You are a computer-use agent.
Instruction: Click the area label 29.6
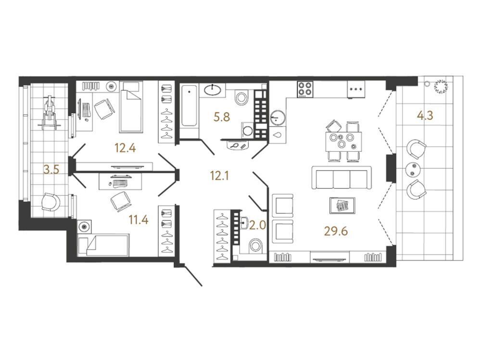pos(336,231)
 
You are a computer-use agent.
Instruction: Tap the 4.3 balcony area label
pos(425,116)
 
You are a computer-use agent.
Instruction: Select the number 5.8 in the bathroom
pos(222,117)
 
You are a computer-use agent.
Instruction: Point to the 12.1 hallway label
pos(219,176)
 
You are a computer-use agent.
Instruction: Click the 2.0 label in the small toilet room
pos(257,225)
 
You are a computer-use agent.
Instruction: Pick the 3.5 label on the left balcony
pos(51,169)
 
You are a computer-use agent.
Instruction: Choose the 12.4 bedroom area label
pos(125,149)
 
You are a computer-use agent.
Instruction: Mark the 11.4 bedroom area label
pos(139,220)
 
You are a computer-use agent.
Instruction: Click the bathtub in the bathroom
pos(189,106)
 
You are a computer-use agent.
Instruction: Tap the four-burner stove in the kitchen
pos(305,89)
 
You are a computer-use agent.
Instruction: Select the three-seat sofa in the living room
pos(342,178)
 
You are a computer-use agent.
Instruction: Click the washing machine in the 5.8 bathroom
pos(248,130)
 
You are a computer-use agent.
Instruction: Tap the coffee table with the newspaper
pos(342,205)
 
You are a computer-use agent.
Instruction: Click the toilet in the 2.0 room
pos(255,245)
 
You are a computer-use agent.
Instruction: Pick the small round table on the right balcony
pos(413,170)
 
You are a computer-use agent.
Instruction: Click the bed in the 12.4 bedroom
pos(131,107)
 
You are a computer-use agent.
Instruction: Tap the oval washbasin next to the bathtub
pos(213,90)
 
